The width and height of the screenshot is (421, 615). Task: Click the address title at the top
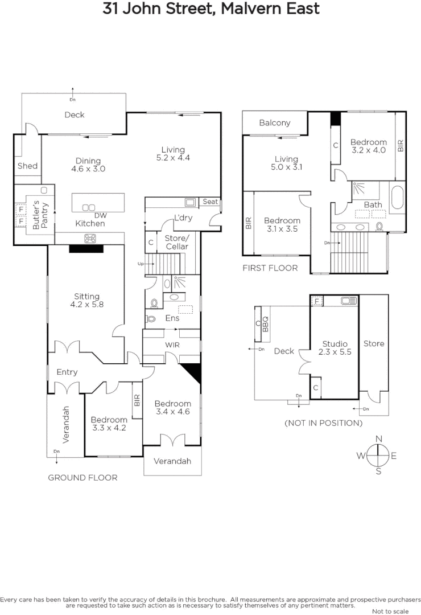(211, 9)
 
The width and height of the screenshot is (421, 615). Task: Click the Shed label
(27, 166)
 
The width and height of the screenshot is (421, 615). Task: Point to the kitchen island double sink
(89, 207)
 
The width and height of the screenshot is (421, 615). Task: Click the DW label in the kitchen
(100, 215)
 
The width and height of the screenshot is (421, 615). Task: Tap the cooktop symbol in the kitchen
(90, 238)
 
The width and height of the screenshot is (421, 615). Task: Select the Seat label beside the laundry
(210, 202)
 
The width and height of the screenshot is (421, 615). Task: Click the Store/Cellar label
(176, 241)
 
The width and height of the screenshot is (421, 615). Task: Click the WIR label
(172, 345)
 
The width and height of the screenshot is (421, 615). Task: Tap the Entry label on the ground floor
(67, 372)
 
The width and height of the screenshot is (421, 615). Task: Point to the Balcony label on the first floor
(275, 122)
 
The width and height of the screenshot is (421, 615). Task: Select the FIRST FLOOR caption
(270, 268)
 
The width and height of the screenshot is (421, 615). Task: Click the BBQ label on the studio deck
(265, 326)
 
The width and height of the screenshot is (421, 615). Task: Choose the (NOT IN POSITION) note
(323, 423)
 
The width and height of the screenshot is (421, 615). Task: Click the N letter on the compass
(379, 438)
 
